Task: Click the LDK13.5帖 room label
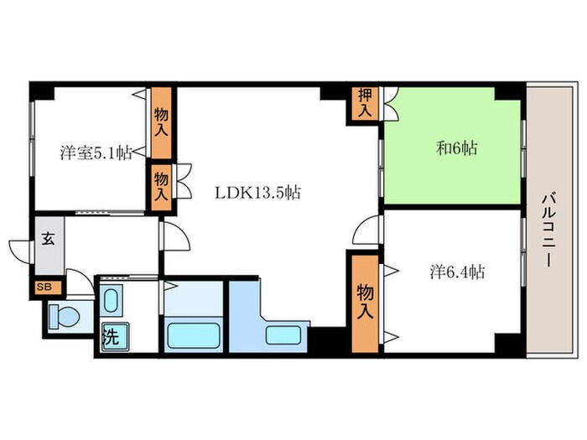coord(257,193)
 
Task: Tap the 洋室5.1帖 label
coord(96,153)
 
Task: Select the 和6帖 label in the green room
coord(457,148)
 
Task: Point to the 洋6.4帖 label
coord(458,272)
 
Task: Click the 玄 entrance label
coord(48,239)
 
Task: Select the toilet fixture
coord(65,317)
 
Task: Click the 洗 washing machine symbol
coord(115,336)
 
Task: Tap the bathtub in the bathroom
coord(193,335)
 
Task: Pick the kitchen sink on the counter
coord(283,335)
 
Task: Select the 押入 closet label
coord(365,103)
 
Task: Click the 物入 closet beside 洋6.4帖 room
coord(365,303)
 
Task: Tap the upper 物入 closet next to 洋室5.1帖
coord(161,122)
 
